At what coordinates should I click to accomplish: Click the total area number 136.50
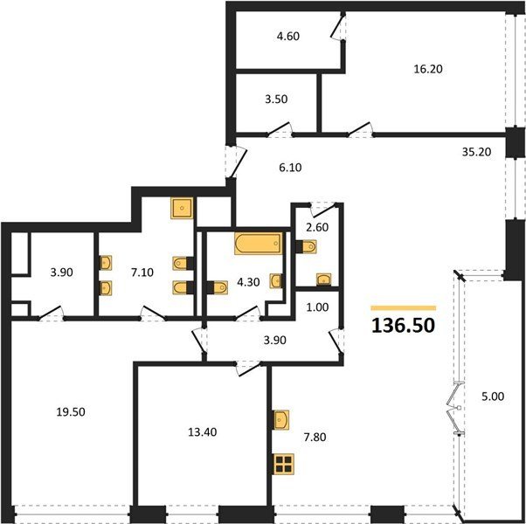(403, 326)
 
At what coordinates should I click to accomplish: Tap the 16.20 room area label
(428, 69)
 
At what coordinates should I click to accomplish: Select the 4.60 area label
(288, 36)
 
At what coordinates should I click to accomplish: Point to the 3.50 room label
(276, 100)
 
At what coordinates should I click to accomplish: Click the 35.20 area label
(476, 152)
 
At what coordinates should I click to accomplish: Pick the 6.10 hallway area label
(290, 167)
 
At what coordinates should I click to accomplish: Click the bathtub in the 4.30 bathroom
(259, 244)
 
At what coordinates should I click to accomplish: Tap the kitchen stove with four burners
(284, 464)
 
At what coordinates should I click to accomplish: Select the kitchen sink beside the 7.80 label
(281, 420)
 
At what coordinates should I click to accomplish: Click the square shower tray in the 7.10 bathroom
(182, 208)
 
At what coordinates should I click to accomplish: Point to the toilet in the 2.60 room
(306, 247)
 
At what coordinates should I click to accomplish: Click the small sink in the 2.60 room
(323, 279)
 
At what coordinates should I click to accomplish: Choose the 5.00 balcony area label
(493, 396)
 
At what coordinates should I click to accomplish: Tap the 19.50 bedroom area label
(71, 412)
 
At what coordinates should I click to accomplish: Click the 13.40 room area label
(203, 432)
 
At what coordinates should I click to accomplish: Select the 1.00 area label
(317, 307)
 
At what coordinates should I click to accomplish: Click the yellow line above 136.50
(403, 308)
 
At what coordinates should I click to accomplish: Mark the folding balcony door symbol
(455, 408)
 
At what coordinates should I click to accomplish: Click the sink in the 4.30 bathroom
(276, 281)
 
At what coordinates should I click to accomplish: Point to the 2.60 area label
(317, 227)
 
